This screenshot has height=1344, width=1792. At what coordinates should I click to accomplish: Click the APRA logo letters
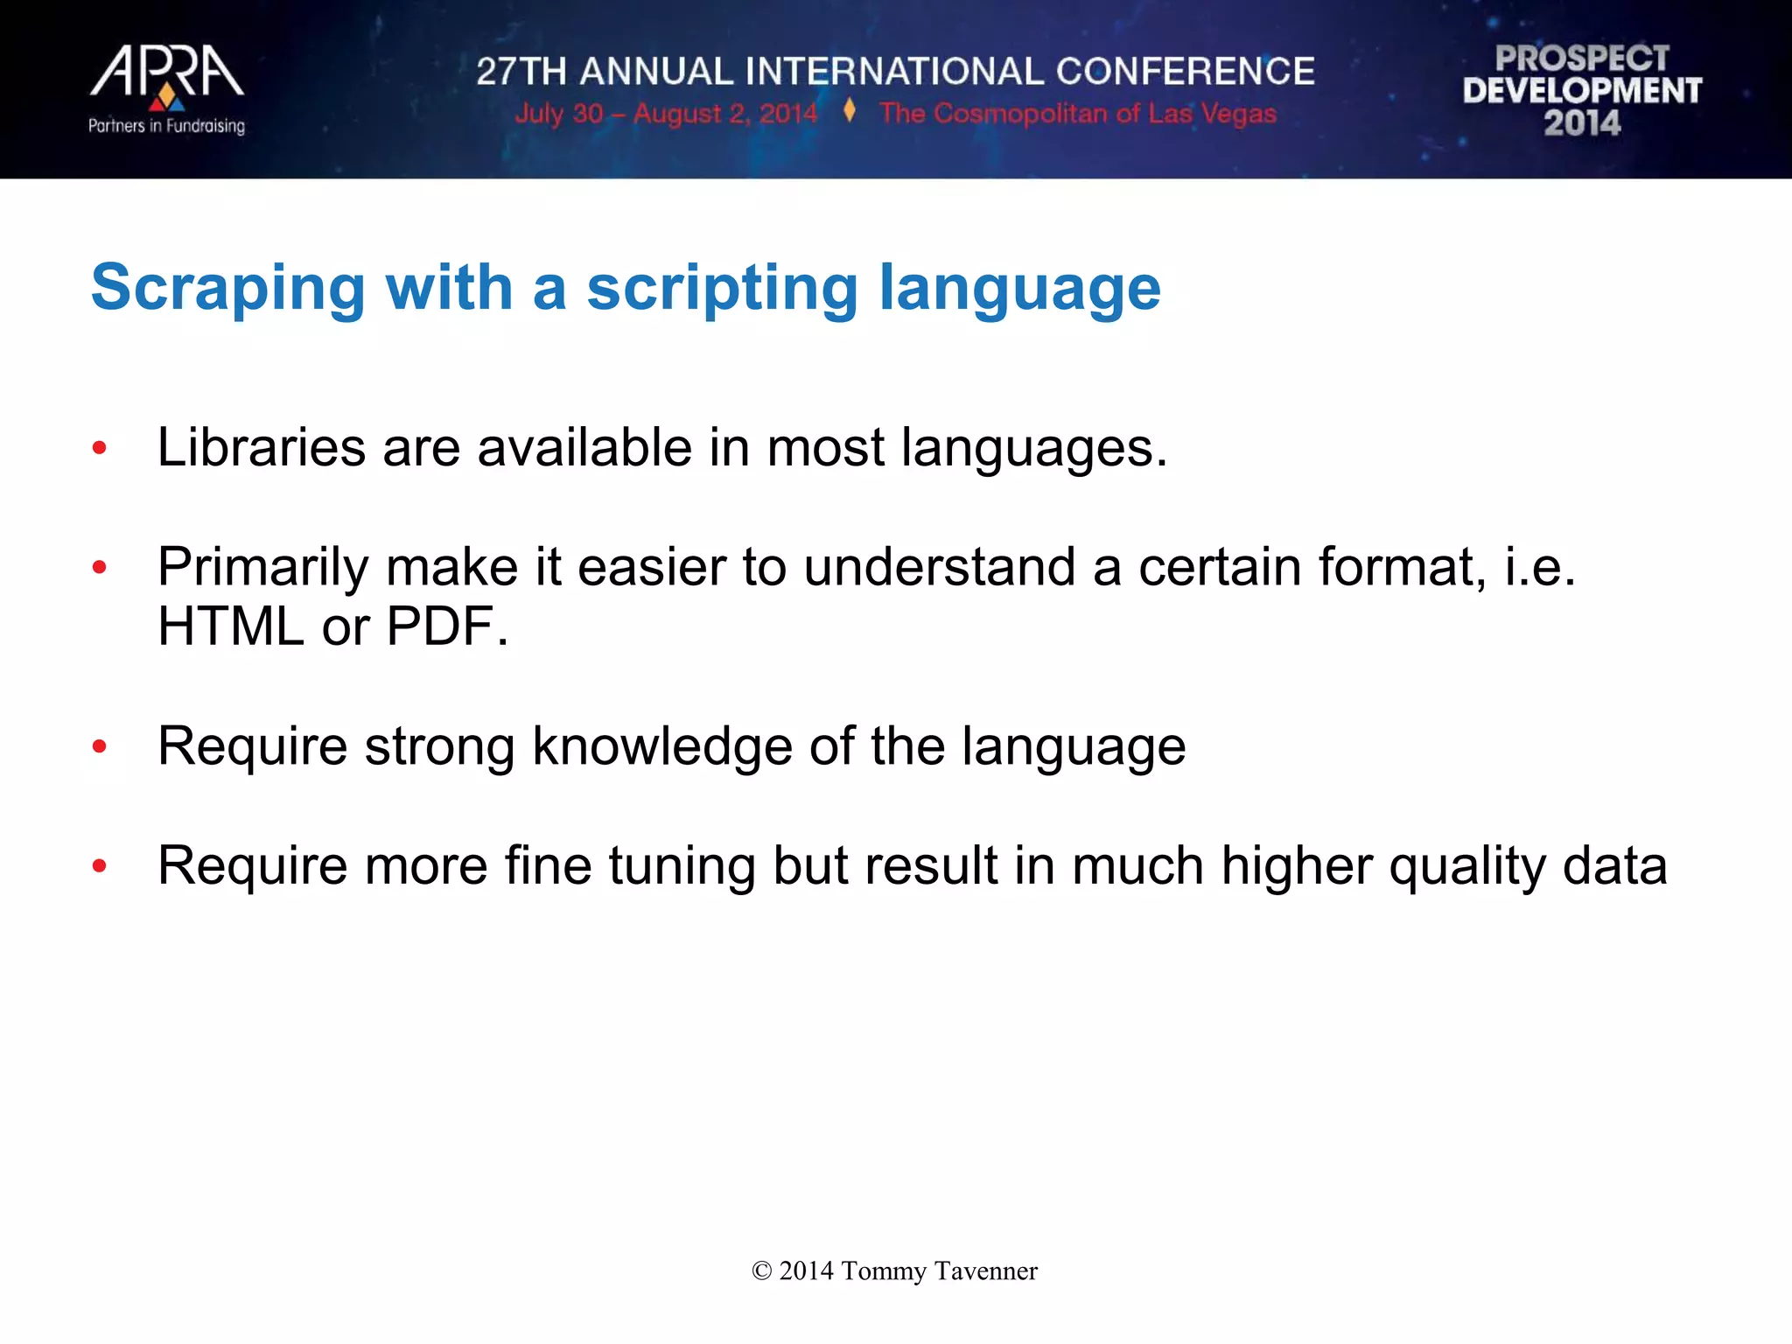click(x=166, y=72)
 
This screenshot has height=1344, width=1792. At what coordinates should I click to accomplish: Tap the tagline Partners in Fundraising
click(x=166, y=126)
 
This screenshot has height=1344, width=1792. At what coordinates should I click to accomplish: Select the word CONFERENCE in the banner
click(x=1185, y=72)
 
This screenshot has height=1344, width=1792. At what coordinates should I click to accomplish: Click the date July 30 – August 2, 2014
click(x=665, y=114)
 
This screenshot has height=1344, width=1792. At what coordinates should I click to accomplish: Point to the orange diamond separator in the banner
click(x=849, y=111)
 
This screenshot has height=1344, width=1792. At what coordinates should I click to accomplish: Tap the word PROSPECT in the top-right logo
click(x=1582, y=59)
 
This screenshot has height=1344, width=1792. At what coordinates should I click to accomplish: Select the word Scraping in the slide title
click(x=227, y=288)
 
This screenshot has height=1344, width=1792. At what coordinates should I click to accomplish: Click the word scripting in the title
click(x=722, y=288)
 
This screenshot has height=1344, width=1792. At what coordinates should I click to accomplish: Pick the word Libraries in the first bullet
click(x=261, y=448)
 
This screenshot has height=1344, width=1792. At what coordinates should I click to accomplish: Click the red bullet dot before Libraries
click(x=100, y=449)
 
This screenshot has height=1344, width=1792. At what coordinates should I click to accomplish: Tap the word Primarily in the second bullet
click(x=262, y=568)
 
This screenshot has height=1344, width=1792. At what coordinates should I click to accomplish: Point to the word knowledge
click(x=661, y=747)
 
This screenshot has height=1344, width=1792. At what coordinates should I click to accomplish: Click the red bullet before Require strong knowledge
click(x=100, y=747)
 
